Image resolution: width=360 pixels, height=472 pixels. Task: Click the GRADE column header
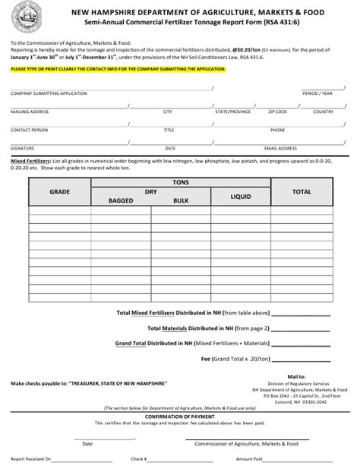pyautogui.click(x=59, y=192)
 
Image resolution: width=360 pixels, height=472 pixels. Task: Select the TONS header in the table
pyautogui.click(x=180, y=182)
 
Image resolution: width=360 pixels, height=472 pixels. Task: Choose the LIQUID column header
pyautogui.click(x=241, y=197)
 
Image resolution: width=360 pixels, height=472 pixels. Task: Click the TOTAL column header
pyautogui.click(x=302, y=192)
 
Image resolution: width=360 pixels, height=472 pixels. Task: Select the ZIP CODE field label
pyautogui.click(x=277, y=112)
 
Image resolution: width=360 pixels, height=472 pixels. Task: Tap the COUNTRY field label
pyautogui.click(x=323, y=112)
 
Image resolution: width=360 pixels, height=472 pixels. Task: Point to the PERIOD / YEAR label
pyautogui.click(x=317, y=93)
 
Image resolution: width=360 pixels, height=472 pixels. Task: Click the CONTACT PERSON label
pyautogui.click(x=29, y=130)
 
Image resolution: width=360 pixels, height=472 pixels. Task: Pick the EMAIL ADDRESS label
pyautogui.click(x=280, y=148)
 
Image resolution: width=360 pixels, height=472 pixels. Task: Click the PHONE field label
pyautogui.click(x=277, y=130)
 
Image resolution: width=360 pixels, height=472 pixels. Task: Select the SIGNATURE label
pyautogui.click(x=22, y=148)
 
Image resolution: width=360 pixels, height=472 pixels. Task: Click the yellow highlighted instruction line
pyautogui.click(x=118, y=68)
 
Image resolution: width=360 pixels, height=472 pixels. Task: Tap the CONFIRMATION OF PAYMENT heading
pyautogui.click(x=179, y=416)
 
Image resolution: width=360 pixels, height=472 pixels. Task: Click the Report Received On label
pyautogui.click(x=30, y=459)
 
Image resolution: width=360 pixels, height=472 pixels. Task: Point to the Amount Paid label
pyautogui.click(x=249, y=459)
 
